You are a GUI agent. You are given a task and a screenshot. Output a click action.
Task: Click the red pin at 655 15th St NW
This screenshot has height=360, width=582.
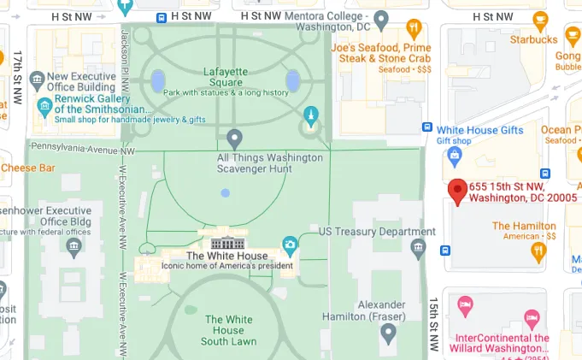coord(458,192)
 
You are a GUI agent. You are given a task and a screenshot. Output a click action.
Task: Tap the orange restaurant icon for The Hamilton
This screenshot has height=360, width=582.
coord(538,251)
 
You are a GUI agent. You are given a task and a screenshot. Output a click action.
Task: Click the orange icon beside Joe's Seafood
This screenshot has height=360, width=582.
coord(414,28)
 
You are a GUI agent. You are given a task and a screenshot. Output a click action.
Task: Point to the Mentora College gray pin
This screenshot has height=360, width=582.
coord(382,18)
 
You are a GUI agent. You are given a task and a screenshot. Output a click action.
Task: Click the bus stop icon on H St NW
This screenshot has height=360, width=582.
coord(162,17)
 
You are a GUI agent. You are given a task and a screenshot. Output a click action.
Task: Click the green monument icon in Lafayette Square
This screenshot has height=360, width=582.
coord(311,115)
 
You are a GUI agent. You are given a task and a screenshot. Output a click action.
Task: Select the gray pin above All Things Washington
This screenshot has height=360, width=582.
coord(235,138)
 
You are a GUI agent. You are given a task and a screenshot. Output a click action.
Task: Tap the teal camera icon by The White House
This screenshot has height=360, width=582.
coord(291,245)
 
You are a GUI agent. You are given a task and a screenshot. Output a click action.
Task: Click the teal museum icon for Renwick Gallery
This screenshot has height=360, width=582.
coord(45,108)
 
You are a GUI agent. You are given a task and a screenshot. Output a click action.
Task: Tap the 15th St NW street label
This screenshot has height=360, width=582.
coord(433,325)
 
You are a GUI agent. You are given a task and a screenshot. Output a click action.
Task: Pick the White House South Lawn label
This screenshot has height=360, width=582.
coord(228,331)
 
